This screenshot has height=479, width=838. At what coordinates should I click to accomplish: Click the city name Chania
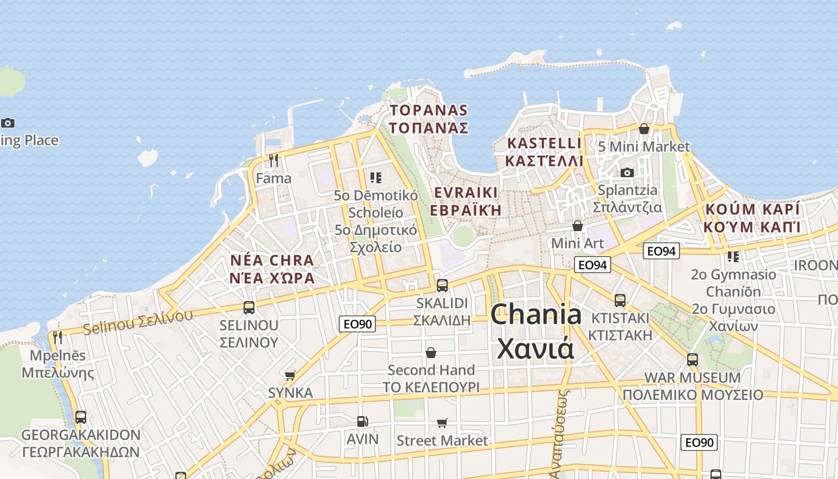coord(536,314)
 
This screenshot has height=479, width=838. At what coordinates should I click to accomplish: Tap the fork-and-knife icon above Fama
coord(274,160)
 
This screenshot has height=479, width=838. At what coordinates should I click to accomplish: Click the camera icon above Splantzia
coord(627,172)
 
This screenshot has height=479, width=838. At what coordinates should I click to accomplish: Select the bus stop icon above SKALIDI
coord(442,285)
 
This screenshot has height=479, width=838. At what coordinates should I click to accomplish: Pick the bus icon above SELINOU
coord(249,308)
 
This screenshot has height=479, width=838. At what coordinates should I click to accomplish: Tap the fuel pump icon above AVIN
coord(362,422)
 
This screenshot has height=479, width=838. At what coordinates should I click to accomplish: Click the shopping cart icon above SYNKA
coord(290,375)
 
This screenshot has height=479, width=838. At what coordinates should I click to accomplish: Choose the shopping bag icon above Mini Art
coord(578,226)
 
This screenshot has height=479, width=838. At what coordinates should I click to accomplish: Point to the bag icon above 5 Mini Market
coord(644,129)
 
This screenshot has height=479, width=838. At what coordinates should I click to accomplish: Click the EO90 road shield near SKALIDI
coord(357,324)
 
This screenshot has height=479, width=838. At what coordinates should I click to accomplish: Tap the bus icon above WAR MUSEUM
coord(693,360)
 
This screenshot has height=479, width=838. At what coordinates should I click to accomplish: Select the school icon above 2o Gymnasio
coord(733,257)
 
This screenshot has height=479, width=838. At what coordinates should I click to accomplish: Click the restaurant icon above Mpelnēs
coord(57,338)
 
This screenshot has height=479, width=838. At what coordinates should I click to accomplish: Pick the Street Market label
coord(442,441)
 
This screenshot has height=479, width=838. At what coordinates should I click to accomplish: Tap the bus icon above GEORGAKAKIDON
coord(81,417)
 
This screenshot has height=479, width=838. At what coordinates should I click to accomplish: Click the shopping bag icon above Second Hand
coord(431,353)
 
